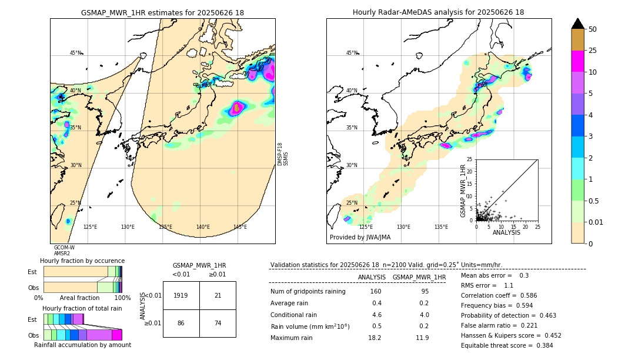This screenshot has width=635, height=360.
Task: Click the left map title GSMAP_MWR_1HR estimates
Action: (162, 12)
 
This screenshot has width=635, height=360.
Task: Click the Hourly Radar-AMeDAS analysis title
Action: (438, 12)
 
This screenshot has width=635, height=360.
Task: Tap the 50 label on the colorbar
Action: (593, 29)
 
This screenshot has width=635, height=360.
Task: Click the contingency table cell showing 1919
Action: (181, 295)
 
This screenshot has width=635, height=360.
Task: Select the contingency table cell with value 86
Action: (181, 323)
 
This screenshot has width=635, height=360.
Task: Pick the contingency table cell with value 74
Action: (218, 323)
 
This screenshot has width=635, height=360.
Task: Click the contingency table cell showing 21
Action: (218, 295)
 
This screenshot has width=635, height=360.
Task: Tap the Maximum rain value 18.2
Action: (375, 338)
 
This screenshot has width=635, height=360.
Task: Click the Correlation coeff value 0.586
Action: (537, 295)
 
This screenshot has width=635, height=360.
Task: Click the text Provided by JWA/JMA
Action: (360, 238)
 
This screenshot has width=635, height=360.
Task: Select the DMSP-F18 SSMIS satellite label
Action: (282, 154)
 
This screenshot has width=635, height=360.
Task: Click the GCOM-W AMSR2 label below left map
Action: (64, 251)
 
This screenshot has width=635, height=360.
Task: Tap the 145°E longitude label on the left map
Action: (240, 227)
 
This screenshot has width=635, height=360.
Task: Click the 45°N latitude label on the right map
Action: (352, 53)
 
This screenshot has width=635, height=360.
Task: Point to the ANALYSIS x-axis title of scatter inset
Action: (506, 232)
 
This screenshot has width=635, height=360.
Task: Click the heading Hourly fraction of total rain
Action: (82, 308)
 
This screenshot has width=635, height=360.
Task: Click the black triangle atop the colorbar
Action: (578, 24)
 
